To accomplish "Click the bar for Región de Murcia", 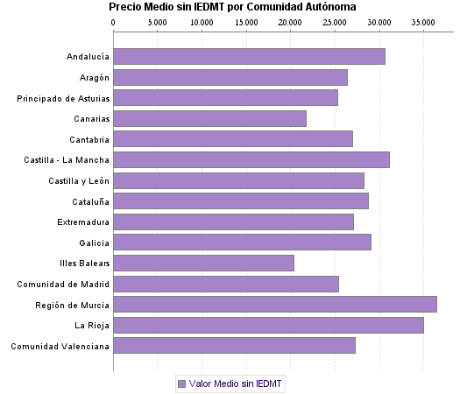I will point(274,304).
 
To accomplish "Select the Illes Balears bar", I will point(203,263).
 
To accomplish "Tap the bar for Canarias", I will point(209,118).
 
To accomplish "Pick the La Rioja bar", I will point(268,325).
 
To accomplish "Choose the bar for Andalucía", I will point(249,57).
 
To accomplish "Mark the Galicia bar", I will point(242,242).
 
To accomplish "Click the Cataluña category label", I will point(89,201).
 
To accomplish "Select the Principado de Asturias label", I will point(63,98).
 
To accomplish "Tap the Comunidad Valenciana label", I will point(60,346).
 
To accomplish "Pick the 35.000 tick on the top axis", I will point(423,21).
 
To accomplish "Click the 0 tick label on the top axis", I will point(114,21).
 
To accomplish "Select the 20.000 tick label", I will point(290,21).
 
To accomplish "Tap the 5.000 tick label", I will point(157,21).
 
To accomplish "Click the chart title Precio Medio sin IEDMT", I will point(232,7).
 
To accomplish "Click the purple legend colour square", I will point(181,383).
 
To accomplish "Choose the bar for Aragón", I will point(230,77).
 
